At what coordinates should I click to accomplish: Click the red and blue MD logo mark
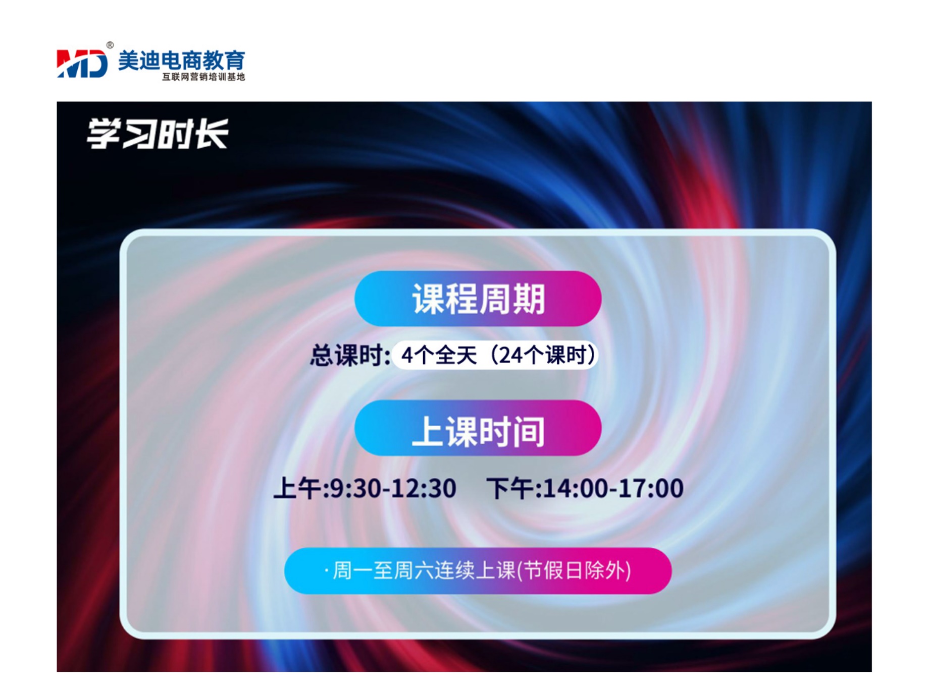pyautogui.click(x=82, y=64)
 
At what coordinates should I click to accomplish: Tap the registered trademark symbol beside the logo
pyautogui.click(x=110, y=45)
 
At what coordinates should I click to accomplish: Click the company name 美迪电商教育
pyautogui.click(x=182, y=61)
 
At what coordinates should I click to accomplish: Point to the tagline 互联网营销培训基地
pyautogui.click(x=203, y=77)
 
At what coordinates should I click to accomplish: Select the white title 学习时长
pyautogui.click(x=158, y=134)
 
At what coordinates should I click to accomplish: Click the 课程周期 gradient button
pyautogui.click(x=478, y=299)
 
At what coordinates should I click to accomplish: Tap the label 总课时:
pyautogui.click(x=350, y=355)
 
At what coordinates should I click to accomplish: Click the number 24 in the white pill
pyautogui.click(x=510, y=355)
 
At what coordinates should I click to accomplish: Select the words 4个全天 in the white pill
pyautogui.click(x=439, y=355)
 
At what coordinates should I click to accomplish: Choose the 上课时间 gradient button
pyautogui.click(x=478, y=428)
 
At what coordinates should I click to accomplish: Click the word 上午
pyautogui.click(x=297, y=488)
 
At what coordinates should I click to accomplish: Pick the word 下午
pyautogui.click(x=510, y=488)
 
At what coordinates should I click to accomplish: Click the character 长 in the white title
pyautogui.click(x=212, y=134)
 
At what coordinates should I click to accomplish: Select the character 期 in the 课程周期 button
pyautogui.click(x=529, y=299)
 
